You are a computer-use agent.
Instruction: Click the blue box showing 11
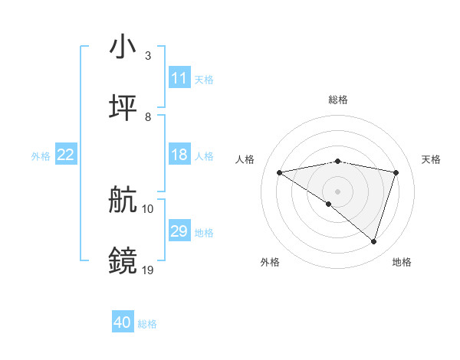[x=179, y=78]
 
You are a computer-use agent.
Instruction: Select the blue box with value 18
[x=179, y=155]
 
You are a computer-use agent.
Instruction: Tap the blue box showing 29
[x=179, y=231]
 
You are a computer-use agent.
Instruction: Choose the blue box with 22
[x=66, y=155]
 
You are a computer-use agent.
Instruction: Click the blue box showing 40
[x=123, y=322]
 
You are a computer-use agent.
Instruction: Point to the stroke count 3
[x=147, y=56]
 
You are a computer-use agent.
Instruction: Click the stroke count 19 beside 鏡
[x=148, y=270]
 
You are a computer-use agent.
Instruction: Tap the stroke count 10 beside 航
[x=148, y=208]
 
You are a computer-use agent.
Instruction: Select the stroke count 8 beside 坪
[x=147, y=116]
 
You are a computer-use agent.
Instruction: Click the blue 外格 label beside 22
[x=41, y=155]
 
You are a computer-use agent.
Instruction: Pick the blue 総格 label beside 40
[x=147, y=324]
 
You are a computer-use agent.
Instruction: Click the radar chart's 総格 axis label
[x=338, y=100]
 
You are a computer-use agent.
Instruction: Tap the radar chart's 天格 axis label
[x=432, y=159]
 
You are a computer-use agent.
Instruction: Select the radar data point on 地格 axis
[x=374, y=242]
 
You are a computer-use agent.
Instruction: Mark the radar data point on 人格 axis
[x=280, y=172]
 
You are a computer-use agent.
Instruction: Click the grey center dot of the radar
[x=338, y=191]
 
